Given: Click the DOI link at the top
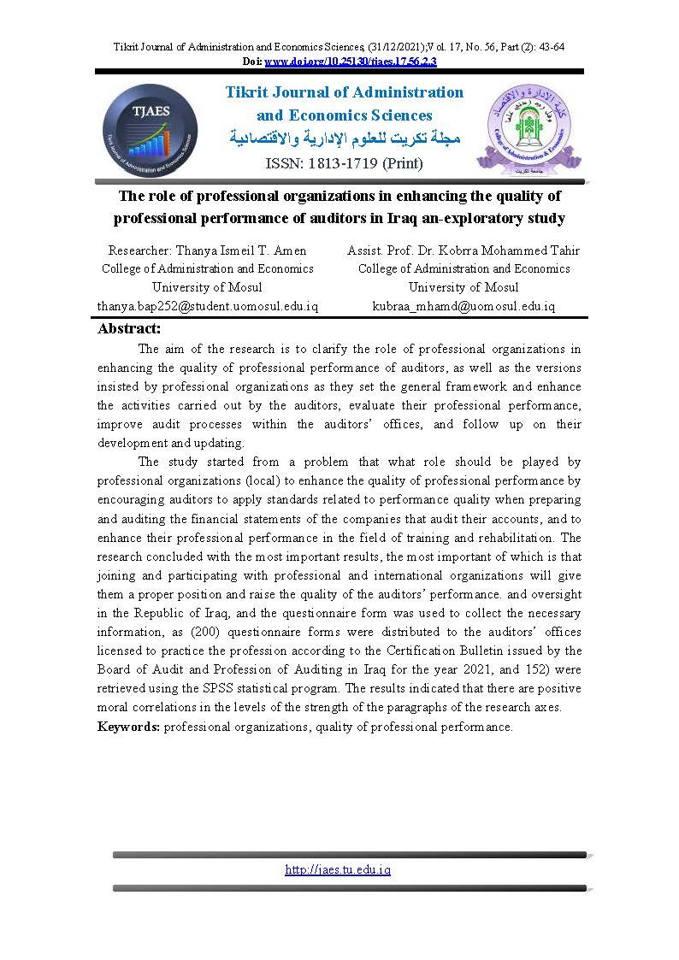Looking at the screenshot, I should point(351,62).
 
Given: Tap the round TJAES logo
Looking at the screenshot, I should point(151,130).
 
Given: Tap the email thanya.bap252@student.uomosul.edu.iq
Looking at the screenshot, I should point(208,306).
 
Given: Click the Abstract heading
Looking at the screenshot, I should point(130,329).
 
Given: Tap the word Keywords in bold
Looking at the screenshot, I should point(128,727).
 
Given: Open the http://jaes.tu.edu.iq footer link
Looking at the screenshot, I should point(338,869).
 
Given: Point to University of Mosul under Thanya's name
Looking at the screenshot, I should point(207,287).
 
